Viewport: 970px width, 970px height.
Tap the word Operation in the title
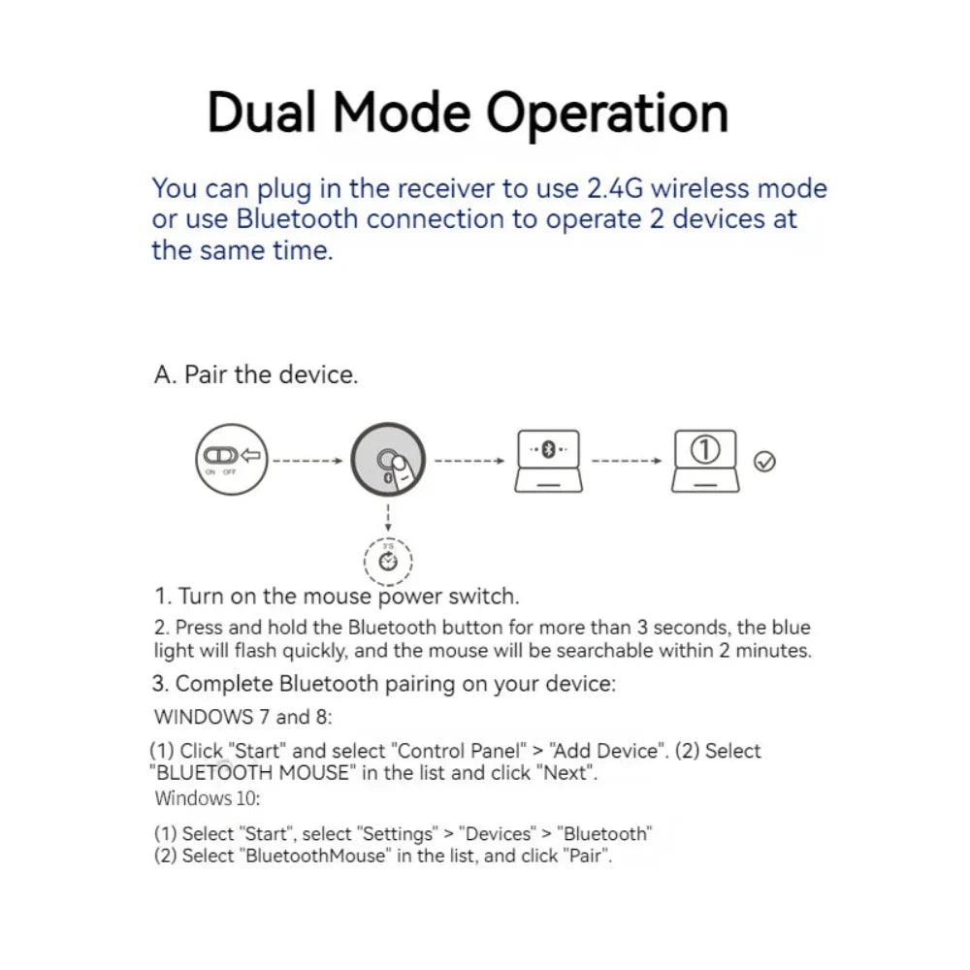tap(606, 114)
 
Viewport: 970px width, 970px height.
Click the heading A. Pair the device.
tap(256, 374)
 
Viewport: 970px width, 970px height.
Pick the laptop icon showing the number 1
tap(705, 460)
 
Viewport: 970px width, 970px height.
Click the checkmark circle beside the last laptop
tap(764, 462)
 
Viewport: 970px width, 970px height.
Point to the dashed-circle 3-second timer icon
tap(388, 560)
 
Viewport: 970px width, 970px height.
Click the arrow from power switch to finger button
tap(307, 461)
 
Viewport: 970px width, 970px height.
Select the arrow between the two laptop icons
tap(627, 461)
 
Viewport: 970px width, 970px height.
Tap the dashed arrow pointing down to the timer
tap(388, 514)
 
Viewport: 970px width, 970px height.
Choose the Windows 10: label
tap(208, 799)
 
